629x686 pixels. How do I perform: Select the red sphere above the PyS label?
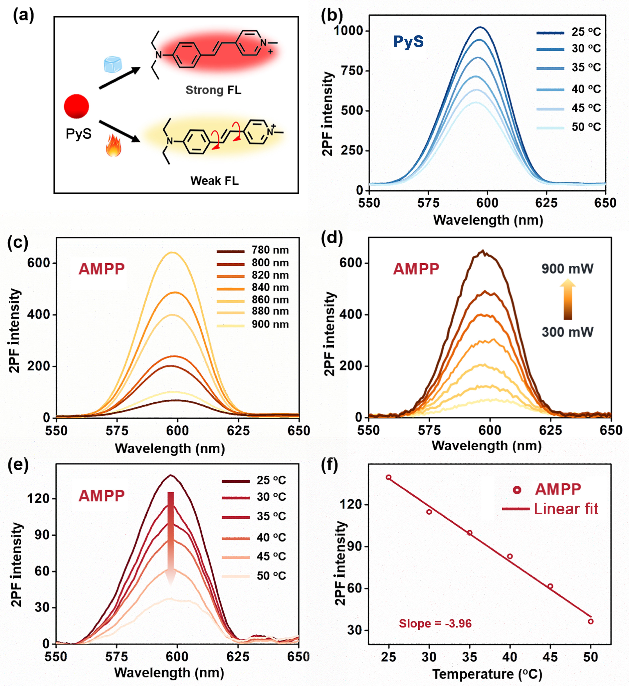coord(77,106)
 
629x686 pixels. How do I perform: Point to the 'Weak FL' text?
coord(214,181)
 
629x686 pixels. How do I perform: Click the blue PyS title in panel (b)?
coord(409,42)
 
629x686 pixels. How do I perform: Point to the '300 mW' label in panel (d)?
coord(567,332)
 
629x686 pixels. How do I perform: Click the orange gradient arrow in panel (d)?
coord(568,300)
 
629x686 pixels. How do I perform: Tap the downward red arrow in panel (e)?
coord(171,538)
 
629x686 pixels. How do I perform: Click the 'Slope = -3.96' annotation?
coord(435,624)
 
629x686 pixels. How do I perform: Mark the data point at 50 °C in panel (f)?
coord(591,622)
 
